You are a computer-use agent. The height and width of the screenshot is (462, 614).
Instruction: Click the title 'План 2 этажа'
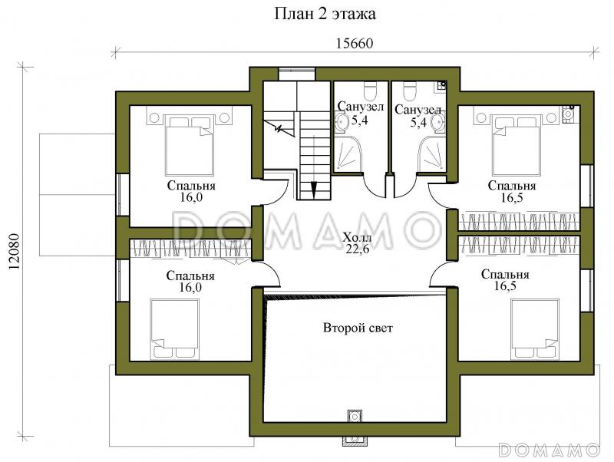(x=325, y=14)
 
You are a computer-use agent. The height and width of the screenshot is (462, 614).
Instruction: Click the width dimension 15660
(x=355, y=44)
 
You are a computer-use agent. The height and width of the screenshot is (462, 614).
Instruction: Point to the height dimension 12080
(x=14, y=252)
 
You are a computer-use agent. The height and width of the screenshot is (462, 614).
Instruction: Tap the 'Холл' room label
(x=358, y=238)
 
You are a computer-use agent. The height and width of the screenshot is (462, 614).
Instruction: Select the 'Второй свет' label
(x=358, y=328)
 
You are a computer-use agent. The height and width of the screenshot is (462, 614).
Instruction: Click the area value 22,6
(x=358, y=249)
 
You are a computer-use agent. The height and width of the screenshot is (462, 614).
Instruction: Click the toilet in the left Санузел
(x=370, y=91)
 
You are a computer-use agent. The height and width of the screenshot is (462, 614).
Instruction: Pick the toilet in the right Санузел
(x=410, y=91)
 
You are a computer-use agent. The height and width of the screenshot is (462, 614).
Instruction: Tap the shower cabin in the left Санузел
(x=348, y=153)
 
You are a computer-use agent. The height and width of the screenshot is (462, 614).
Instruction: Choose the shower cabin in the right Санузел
(x=432, y=153)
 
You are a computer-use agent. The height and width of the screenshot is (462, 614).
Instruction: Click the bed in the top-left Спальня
(x=190, y=145)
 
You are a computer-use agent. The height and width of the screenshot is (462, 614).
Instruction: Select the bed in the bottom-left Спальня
(x=175, y=329)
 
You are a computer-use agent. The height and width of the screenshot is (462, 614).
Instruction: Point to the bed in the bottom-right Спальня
(x=535, y=329)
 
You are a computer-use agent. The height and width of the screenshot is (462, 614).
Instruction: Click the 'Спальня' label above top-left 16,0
(x=191, y=186)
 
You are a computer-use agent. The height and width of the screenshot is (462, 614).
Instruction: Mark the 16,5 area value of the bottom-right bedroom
(x=505, y=285)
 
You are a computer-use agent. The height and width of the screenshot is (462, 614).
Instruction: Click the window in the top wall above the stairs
(x=296, y=74)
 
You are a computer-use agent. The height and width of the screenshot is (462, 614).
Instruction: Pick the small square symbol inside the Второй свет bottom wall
(x=355, y=416)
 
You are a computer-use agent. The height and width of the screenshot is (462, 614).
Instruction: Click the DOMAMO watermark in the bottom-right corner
(x=550, y=450)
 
